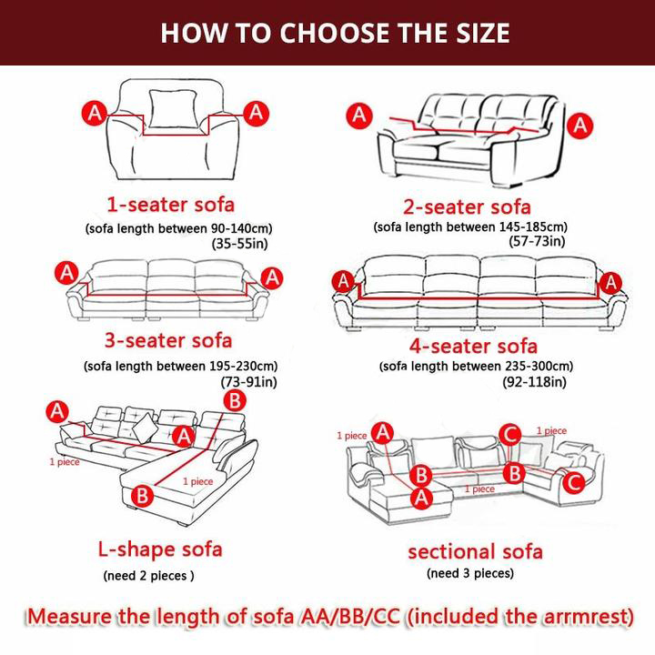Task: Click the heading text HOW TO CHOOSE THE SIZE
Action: point(335,33)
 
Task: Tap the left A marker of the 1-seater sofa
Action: point(95,113)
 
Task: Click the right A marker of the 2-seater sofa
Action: point(579,125)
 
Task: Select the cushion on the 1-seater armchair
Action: point(174,108)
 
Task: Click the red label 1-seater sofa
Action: point(171,205)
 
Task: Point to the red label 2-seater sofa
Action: point(467,207)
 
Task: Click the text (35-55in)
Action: point(240,244)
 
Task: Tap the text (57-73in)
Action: point(538,241)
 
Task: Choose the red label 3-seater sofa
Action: point(168,340)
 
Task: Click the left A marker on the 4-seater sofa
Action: point(343,281)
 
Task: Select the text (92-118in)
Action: point(534,382)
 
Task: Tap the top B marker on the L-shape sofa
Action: point(235,400)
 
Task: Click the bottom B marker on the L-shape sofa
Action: point(143,496)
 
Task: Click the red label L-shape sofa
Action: point(160,549)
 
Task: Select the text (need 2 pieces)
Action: point(148,576)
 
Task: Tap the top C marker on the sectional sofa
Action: point(510,435)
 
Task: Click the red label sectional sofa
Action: point(476,551)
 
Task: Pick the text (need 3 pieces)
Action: point(470,573)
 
